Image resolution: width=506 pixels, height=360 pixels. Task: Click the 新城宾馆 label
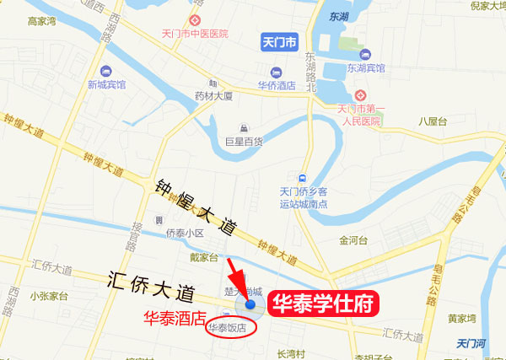tap(106, 84)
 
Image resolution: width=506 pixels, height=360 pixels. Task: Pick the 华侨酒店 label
tap(277, 85)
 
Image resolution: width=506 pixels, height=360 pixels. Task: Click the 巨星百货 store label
tap(244, 142)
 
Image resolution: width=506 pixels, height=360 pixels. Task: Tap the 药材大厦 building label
tap(213, 96)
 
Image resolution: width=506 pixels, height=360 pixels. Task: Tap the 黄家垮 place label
tap(463, 319)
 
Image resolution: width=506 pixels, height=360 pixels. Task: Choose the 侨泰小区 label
tap(185, 232)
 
